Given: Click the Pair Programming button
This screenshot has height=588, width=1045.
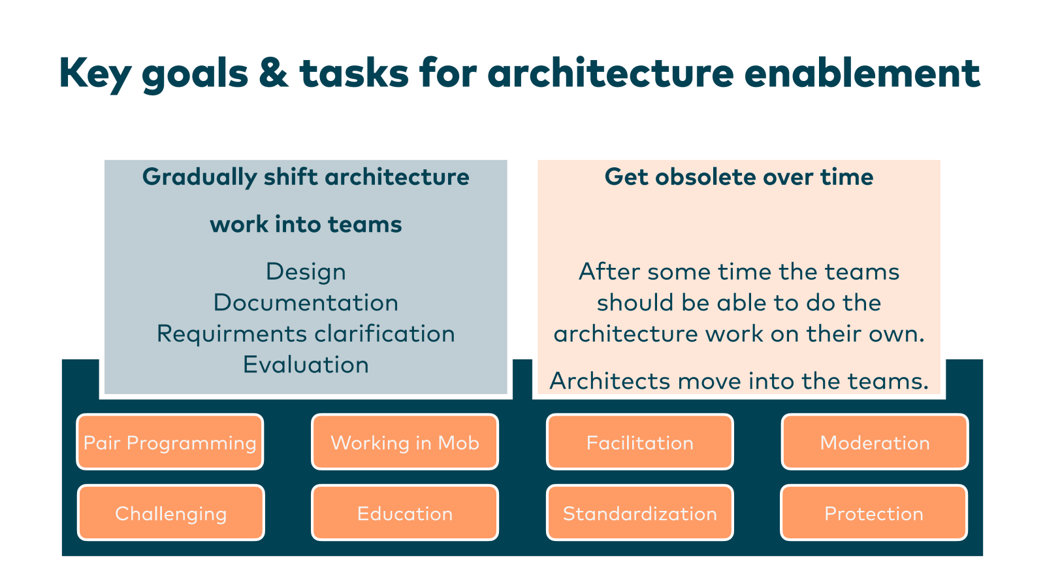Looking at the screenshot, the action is (170, 442).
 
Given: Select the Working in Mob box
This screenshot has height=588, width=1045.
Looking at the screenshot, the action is (405, 442).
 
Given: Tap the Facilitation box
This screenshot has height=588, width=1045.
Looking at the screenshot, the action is (640, 442).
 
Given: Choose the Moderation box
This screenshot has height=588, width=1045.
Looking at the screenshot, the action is (875, 442).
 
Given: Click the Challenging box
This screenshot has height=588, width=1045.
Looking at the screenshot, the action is (170, 513).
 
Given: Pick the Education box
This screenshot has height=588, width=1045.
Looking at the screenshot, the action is (405, 513).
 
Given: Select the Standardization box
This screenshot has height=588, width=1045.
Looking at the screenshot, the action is (640, 513).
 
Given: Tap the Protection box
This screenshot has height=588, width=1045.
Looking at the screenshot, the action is (874, 513).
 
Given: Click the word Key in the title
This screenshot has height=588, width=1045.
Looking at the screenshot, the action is (95, 73).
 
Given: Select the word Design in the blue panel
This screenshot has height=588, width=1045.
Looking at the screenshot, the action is (306, 272).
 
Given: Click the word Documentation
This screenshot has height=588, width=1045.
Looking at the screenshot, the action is (306, 302).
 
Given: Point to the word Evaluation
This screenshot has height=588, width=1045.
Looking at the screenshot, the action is (306, 365).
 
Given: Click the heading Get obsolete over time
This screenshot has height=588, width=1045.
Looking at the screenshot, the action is (739, 177).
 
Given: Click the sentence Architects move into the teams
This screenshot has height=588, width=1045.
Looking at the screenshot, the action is (739, 381).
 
